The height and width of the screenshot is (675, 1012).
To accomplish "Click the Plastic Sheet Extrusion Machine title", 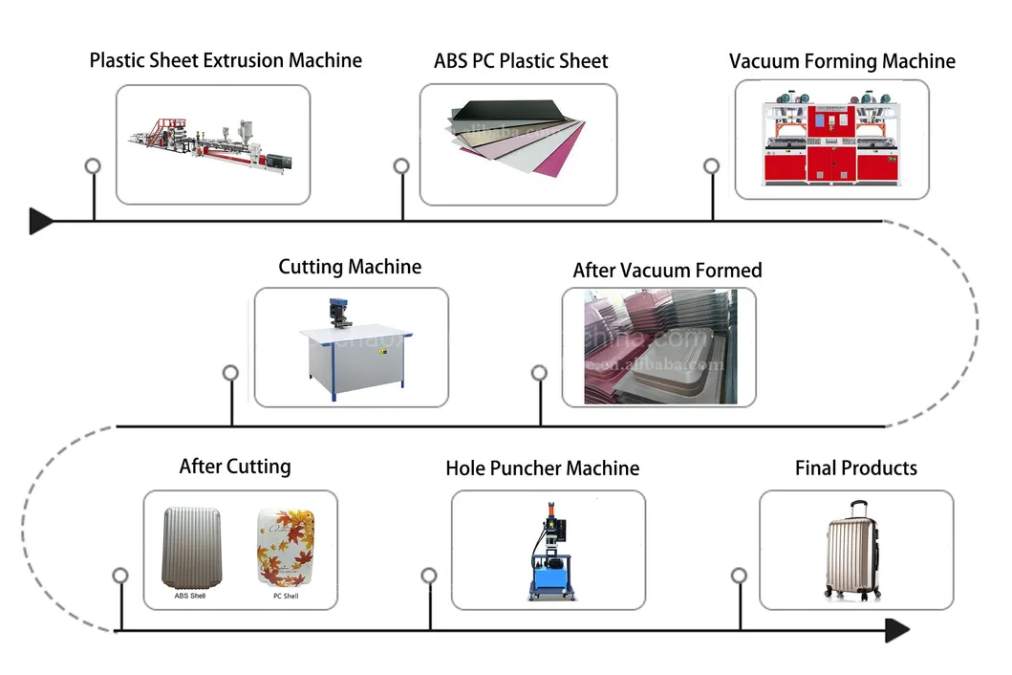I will pyautogui.click(x=226, y=60).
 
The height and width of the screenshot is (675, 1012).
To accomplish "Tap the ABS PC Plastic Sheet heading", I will pyautogui.click(x=521, y=60).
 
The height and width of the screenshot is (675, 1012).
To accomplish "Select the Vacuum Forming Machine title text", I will pyautogui.click(x=842, y=61).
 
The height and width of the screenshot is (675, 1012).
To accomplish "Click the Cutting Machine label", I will pyautogui.click(x=350, y=267).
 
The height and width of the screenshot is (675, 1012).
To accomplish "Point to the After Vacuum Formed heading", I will pyautogui.click(x=667, y=271).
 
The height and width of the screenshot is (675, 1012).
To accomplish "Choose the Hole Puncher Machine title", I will pyautogui.click(x=542, y=468).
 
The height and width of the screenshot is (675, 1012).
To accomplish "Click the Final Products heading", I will pyautogui.click(x=855, y=468).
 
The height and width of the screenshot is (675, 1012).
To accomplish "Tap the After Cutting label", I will pyautogui.click(x=235, y=467).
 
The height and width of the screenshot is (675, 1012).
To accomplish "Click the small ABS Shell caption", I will pyautogui.click(x=189, y=597).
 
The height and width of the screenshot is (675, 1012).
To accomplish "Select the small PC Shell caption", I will pyautogui.click(x=285, y=597).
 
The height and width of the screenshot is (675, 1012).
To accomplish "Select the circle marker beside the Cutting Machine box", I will pyautogui.click(x=230, y=372).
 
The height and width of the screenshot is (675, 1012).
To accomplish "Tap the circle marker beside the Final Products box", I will pyautogui.click(x=739, y=575).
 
